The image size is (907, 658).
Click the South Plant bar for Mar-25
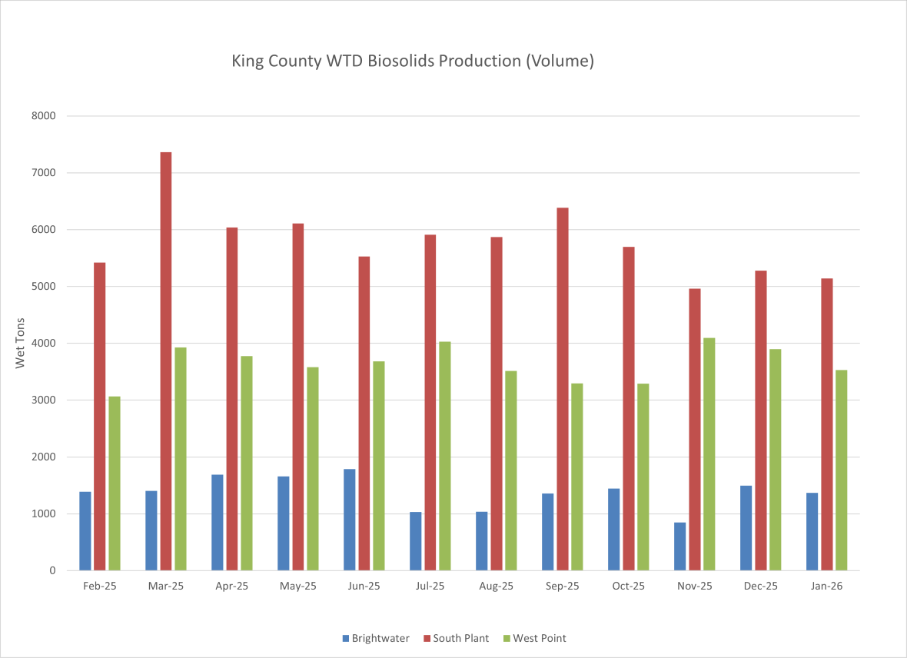click(165, 361)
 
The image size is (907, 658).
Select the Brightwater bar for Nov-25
click(679, 547)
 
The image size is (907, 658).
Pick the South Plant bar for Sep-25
click(562, 389)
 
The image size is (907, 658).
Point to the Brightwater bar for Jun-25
click(349, 520)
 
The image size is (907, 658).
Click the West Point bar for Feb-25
click(115, 484)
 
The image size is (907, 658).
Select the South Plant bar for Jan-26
click(826, 424)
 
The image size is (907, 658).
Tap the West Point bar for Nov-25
click(709, 454)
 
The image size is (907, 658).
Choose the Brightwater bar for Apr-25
click(217, 523)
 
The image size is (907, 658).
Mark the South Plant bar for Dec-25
click(760, 420)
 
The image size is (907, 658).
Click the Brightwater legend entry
click(376, 638)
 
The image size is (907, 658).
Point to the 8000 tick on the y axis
click(43, 116)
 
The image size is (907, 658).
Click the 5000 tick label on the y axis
click(43, 287)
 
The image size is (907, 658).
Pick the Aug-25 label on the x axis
click(496, 587)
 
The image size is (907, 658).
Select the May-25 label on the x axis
click(297, 587)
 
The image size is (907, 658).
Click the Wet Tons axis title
click(21, 342)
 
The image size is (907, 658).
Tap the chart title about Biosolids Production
click(413, 61)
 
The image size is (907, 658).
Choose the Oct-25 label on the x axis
click(628, 587)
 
